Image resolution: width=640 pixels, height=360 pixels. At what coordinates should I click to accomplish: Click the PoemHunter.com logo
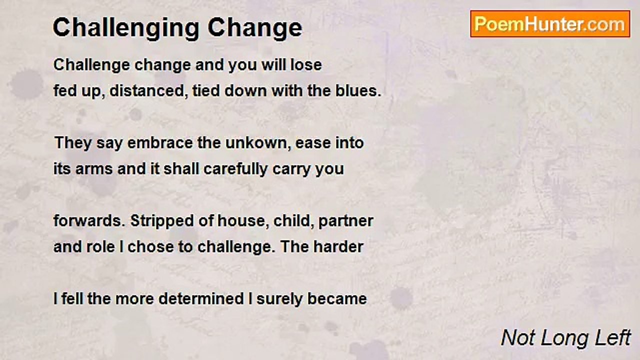[550, 24]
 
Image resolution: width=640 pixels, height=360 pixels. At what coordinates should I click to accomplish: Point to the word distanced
[149, 91]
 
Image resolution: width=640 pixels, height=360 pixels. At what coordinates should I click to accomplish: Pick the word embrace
[160, 143]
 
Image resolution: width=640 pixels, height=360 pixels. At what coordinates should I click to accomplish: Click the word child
[292, 221]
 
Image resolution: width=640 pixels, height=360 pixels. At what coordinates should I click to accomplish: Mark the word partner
[345, 221]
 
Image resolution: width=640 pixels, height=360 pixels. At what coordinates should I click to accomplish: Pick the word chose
[150, 247]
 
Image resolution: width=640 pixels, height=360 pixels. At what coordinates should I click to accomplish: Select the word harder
[338, 247]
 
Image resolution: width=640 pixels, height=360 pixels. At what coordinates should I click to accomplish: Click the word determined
[201, 299]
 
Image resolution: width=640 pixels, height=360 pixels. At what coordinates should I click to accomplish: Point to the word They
[73, 143]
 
